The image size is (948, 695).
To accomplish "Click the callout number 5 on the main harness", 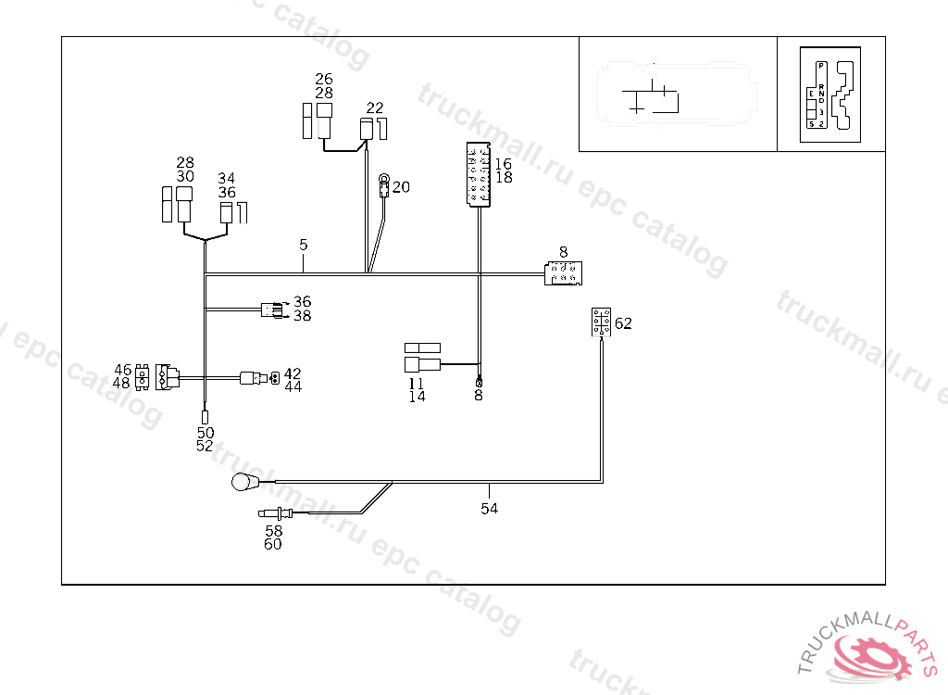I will coord(303,245).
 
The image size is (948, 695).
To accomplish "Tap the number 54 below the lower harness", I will coord(489,509).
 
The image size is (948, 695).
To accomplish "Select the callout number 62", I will coord(623,323).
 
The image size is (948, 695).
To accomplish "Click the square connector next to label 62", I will coord(601,322).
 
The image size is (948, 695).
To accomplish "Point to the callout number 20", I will coord(401,187).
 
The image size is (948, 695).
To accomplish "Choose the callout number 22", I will coord(374,107).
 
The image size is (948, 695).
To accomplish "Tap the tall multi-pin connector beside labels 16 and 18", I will coord(479,174).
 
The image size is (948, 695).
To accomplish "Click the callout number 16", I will coord(504,164).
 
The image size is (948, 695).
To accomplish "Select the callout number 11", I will coord(417,383).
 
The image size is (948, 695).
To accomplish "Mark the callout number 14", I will coord(417,397).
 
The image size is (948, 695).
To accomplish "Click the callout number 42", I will coord(293,373).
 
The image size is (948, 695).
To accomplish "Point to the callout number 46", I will coord(122,369).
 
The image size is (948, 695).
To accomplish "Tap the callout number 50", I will coord(206,433).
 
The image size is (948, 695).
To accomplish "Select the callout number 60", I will coord(273,545).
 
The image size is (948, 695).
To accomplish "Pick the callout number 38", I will coord(302,316).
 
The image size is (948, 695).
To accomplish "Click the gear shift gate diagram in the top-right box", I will coord(830,95).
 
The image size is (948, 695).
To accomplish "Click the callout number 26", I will coord(323,80).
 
